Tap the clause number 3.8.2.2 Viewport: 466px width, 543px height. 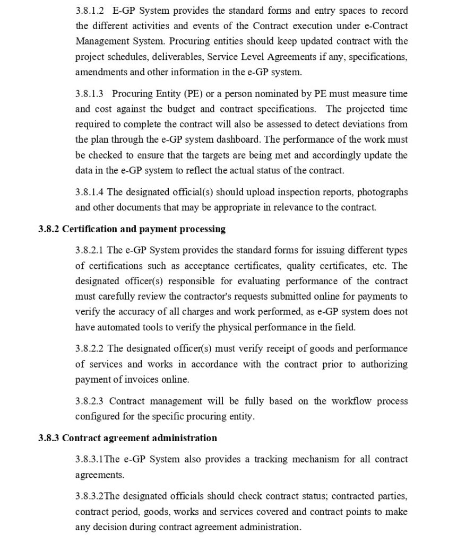[x=90, y=349]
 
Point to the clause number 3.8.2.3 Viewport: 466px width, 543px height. [x=90, y=401]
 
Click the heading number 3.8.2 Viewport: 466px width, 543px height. [x=50, y=229]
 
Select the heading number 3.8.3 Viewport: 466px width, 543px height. [x=50, y=438]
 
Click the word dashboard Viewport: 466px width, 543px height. [x=234, y=140]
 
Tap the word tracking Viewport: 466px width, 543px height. [x=273, y=459]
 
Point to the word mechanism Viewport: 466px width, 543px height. [x=317, y=459]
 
